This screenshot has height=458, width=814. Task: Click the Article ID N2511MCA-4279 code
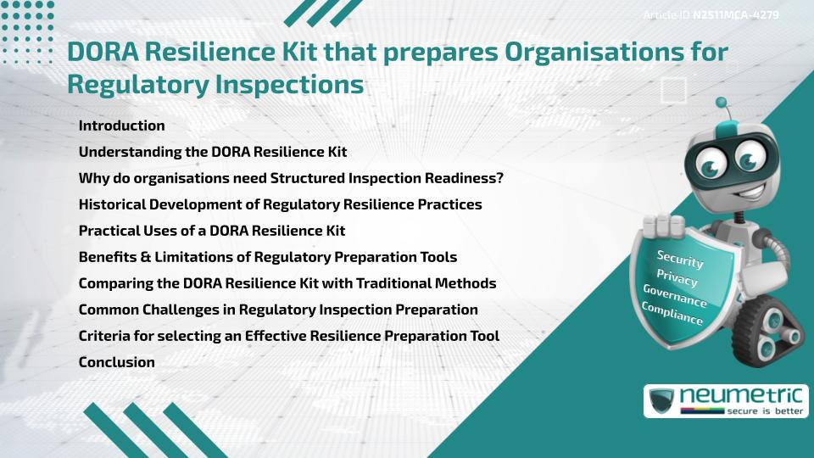(x=735, y=14)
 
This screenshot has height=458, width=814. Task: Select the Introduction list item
(x=121, y=126)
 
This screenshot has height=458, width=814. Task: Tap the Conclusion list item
(x=116, y=362)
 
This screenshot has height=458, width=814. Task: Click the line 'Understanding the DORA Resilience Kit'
(x=213, y=152)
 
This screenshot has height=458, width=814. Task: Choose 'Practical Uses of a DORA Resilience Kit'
(x=211, y=231)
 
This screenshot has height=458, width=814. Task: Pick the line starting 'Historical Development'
(x=280, y=204)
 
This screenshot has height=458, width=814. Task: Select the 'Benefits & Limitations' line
(x=268, y=257)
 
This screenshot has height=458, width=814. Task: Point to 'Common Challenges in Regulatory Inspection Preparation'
(x=278, y=310)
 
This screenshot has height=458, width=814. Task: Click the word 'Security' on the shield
(x=680, y=259)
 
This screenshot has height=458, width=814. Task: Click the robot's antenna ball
(x=722, y=103)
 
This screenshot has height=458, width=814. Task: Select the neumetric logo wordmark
(x=750, y=394)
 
